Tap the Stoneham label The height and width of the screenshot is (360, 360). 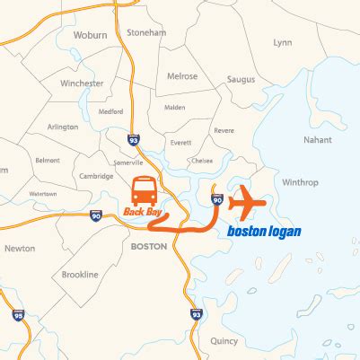pyautogui.click(x=147, y=33)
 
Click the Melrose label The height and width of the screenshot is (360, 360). pyautogui.click(x=182, y=76)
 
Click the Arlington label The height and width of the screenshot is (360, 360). pyautogui.click(x=64, y=127)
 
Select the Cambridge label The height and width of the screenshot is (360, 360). pyautogui.click(x=95, y=176)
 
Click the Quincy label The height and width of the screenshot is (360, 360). pyautogui.click(x=224, y=341)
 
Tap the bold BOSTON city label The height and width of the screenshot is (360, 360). pyautogui.click(x=149, y=245)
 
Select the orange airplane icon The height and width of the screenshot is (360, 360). pyautogui.click(x=248, y=201)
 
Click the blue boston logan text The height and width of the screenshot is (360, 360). pyautogui.click(x=264, y=231)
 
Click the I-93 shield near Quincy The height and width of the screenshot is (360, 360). pyautogui.click(x=196, y=313)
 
